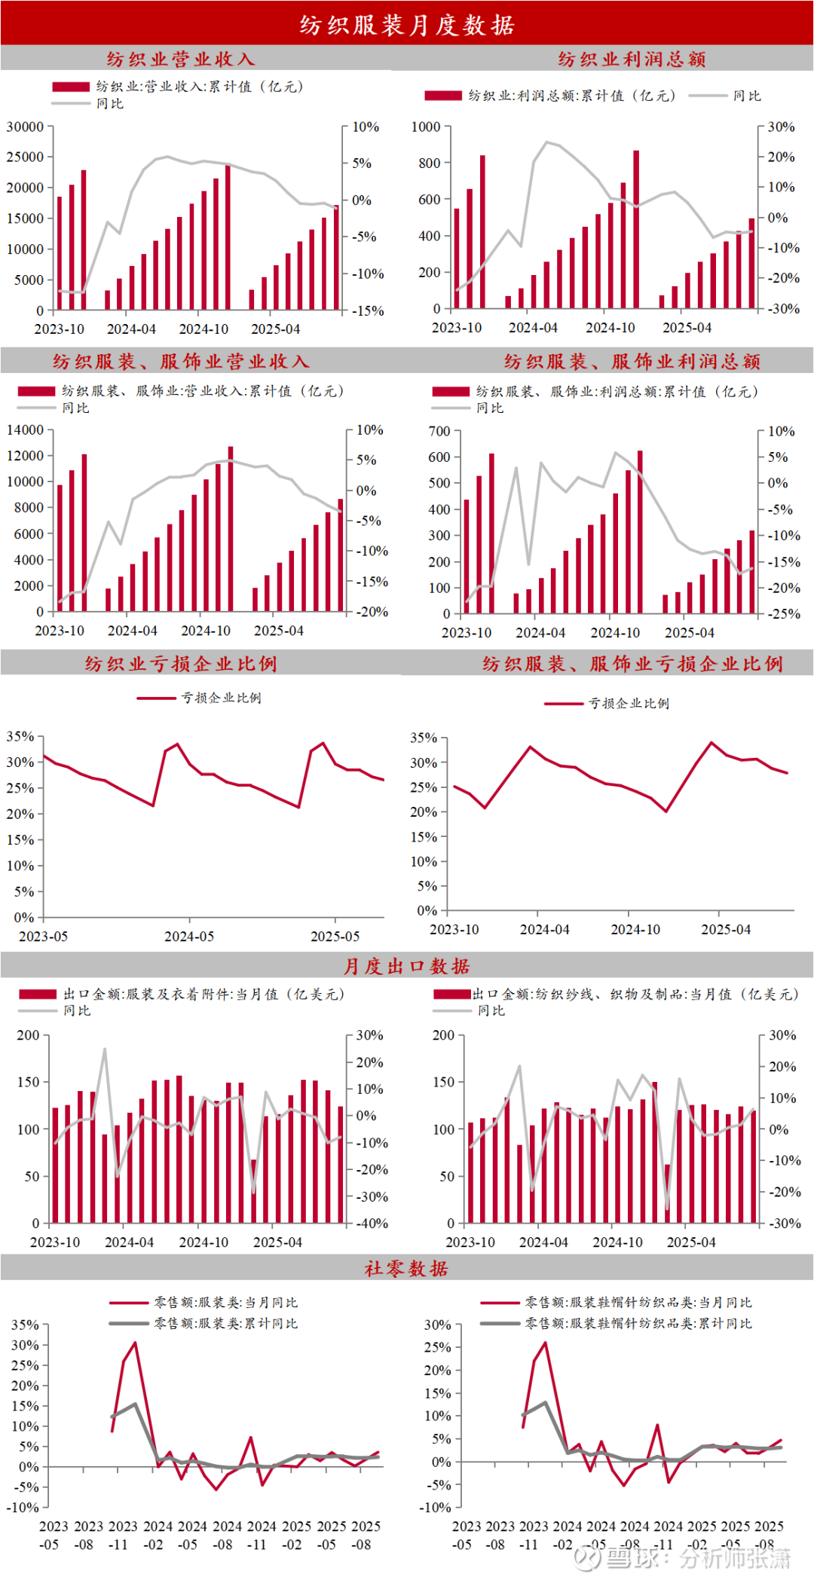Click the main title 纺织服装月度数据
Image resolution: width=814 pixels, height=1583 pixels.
[x=407, y=25]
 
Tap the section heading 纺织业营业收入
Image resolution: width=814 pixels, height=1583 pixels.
[x=181, y=59]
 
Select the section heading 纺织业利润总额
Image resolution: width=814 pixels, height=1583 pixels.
[x=632, y=59]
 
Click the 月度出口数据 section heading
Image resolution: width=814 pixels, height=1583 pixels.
[x=407, y=966]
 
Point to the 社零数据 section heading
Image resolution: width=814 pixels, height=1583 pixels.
[x=407, y=1269]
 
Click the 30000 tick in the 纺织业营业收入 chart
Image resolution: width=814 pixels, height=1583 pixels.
[x=25, y=127]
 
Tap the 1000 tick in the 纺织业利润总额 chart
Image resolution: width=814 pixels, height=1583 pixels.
[x=426, y=127]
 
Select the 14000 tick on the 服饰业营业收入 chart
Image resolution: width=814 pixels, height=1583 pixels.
[x=25, y=430]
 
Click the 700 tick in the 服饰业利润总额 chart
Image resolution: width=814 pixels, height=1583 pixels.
[x=439, y=432]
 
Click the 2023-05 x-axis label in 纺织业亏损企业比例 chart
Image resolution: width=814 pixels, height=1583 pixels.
[x=43, y=937]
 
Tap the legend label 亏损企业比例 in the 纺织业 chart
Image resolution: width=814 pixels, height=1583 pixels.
[x=221, y=698]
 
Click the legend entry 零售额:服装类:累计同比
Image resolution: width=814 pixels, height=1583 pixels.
[x=225, y=1323]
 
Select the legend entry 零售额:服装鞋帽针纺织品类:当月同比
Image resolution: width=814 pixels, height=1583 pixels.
[x=638, y=1302]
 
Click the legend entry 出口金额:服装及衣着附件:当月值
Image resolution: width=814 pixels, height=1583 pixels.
[x=203, y=995]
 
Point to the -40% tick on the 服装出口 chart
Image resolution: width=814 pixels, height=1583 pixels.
[x=372, y=1224]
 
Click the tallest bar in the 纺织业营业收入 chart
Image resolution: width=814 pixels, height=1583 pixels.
[x=228, y=237]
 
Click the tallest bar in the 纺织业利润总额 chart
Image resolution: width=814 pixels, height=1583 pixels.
[x=636, y=230]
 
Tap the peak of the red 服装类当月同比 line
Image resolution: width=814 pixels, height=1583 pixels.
[x=135, y=1343]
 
